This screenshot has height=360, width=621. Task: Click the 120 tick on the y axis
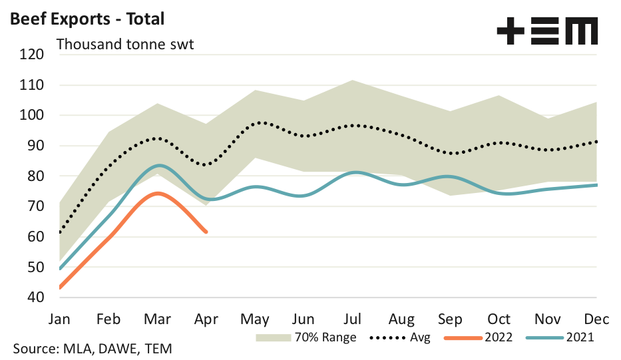pyautogui.click(x=31, y=55)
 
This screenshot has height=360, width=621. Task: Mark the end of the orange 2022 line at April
pyautogui.click(x=206, y=232)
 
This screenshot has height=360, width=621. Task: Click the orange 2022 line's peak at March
pyautogui.click(x=157, y=194)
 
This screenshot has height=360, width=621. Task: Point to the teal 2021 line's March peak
pyautogui.click(x=158, y=165)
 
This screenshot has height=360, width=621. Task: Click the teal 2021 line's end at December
pyautogui.click(x=596, y=185)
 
